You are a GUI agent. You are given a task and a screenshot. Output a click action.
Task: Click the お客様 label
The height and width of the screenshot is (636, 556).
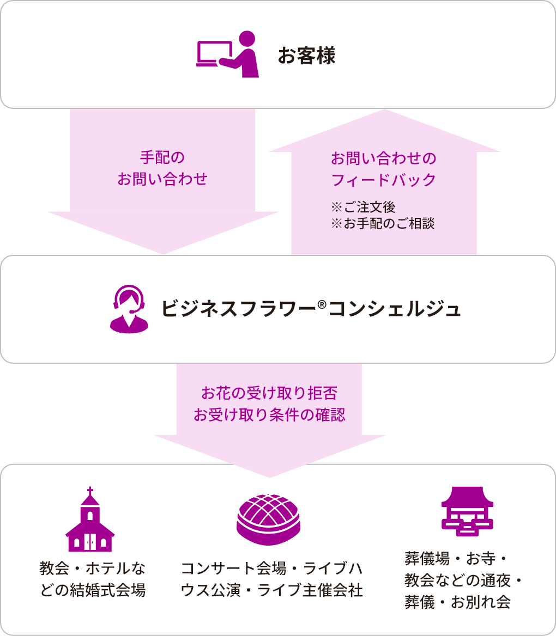click(306, 56)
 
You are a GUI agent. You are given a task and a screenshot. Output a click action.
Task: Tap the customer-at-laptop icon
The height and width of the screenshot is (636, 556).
click(227, 54)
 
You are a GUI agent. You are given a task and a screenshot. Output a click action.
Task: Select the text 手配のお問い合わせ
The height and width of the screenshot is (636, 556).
click(162, 168)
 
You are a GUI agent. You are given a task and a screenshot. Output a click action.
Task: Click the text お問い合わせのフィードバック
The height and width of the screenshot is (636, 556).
click(384, 169)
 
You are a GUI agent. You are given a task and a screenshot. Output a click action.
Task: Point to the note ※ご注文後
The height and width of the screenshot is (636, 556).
click(363, 207)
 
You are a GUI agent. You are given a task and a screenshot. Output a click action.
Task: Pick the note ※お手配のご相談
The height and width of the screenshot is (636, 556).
click(383, 224)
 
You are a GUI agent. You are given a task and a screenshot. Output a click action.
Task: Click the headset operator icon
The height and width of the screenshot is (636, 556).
click(129, 309)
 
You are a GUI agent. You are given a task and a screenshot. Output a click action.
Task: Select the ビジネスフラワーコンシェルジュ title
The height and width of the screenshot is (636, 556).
click(311, 309)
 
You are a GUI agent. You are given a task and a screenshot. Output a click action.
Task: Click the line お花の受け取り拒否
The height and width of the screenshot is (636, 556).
click(269, 393)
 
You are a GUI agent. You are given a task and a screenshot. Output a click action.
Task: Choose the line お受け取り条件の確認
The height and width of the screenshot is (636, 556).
click(269, 415)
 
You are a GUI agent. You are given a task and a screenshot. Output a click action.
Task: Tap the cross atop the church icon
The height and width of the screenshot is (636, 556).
click(90, 490)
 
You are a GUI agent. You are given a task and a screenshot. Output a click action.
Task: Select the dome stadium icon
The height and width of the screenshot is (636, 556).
click(269, 519)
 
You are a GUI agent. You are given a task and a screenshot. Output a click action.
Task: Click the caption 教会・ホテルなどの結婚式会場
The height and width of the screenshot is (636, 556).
click(93, 579)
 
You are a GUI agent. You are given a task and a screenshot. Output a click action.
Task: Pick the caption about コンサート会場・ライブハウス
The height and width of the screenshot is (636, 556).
click(271, 579)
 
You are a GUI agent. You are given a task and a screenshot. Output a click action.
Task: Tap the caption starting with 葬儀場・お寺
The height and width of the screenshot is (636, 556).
click(463, 580)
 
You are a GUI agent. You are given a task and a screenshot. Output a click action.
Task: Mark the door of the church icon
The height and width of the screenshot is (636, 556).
click(90, 543)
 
